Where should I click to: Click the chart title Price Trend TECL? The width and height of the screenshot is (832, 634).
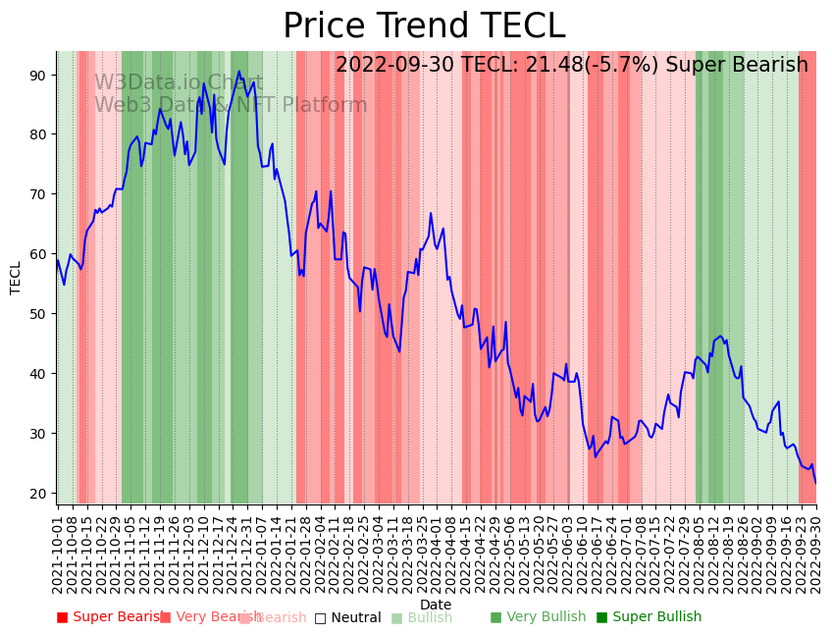click(424, 26)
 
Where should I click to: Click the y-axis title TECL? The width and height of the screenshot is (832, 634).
click(16, 278)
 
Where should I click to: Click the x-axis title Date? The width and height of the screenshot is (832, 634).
click(436, 606)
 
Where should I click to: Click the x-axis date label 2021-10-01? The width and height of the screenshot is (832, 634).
click(57, 555)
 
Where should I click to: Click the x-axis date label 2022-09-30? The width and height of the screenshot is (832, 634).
click(815, 555)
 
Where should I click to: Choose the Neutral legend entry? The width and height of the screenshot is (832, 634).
click(348, 617)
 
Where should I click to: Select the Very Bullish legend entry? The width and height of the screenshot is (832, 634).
click(538, 617)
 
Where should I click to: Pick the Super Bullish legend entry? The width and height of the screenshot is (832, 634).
click(650, 617)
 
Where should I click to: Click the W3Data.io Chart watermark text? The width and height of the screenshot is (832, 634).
click(179, 82)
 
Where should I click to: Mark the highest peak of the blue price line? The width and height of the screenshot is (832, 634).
click(238, 72)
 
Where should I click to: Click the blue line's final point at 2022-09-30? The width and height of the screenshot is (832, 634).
click(815, 483)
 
